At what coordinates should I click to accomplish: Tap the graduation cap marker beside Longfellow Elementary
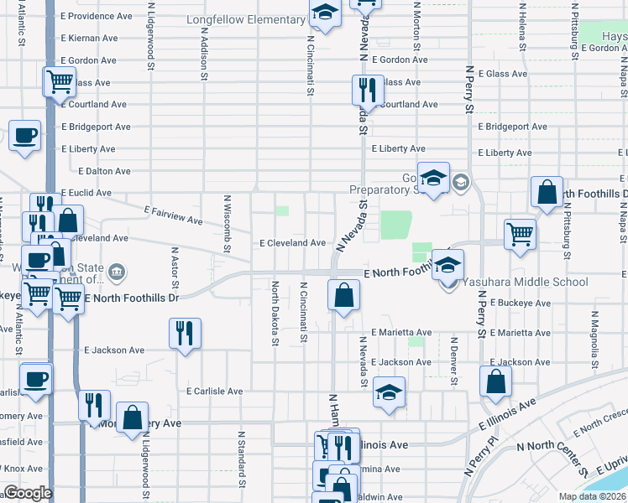[x=324, y=13]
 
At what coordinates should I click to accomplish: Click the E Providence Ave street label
[x=97, y=16]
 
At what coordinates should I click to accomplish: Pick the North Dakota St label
[x=275, y=313]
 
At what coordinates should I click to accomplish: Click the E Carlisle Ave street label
[x=214, y=392]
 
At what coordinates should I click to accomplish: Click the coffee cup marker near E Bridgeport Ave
[x=25, y=135]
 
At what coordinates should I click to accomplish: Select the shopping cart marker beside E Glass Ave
[x=59, y=82]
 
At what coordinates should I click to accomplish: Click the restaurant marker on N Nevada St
[x=367, y=90]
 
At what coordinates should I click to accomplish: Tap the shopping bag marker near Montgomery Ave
[x=133, y=417]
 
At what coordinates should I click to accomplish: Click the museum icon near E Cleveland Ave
[x=117, y=271]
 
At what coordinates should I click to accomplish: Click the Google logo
[x=28, y=493]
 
